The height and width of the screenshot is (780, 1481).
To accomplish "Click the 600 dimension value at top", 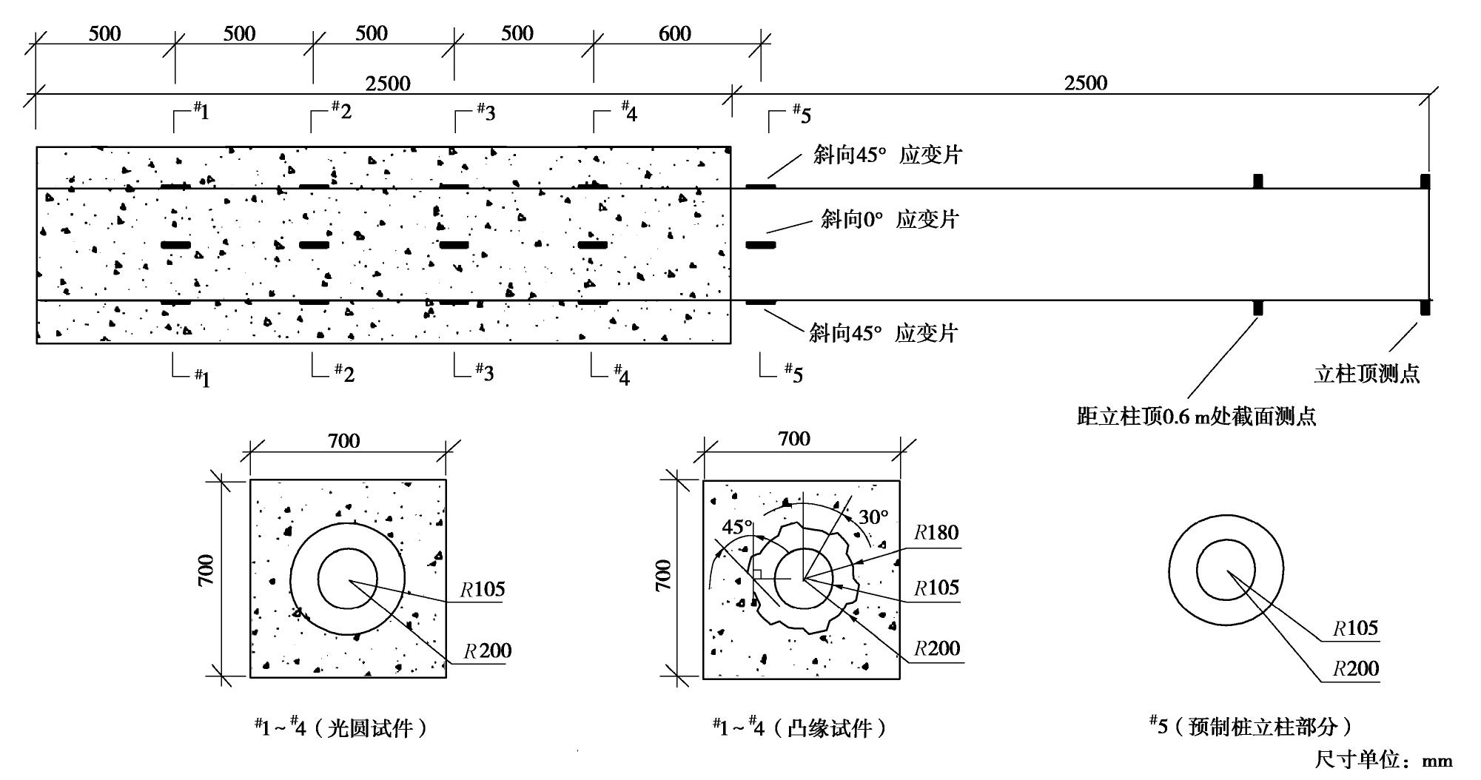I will point(674,33).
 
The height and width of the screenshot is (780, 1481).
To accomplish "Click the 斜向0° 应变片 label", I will point(889,219).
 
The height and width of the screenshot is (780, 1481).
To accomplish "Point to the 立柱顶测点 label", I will point(1366,374).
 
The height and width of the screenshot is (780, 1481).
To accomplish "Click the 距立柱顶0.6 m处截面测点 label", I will point(1196,417).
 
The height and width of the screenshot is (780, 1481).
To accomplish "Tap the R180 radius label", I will point(936,533).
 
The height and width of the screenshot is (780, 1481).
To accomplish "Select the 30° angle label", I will point(873,517).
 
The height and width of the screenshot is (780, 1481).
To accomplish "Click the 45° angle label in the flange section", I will point(736,527).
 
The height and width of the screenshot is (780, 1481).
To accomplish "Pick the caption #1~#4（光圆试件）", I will point(341,728).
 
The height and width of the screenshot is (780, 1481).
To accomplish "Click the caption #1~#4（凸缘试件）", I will point(799,728).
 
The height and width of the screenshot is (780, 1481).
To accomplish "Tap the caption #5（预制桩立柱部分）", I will point(1250,726).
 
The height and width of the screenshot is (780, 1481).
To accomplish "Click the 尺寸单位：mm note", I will point(1383,760).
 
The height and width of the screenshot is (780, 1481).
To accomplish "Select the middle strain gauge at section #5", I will point(760,245).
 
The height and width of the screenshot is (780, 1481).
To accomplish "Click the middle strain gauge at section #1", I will point(175,245).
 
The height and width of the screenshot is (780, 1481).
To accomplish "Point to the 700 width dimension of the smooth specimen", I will point(343,441).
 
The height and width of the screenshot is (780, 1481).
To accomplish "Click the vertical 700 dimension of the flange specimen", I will point(663,575).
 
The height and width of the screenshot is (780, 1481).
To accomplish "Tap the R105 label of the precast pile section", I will point(1355,628).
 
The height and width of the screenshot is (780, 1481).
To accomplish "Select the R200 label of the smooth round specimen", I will point(488,650).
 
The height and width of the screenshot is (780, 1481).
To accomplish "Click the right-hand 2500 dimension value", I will point(1086,82).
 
